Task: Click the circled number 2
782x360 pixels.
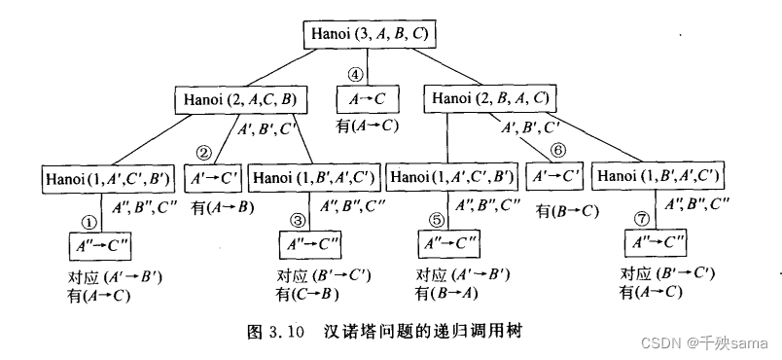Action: coord(203,152)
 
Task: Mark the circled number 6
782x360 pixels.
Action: coord(558,151)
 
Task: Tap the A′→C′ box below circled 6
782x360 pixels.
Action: coord(554,177)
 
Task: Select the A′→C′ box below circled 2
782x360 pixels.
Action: coord(215,178)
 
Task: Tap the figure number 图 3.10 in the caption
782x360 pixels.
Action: coord(282,333)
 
